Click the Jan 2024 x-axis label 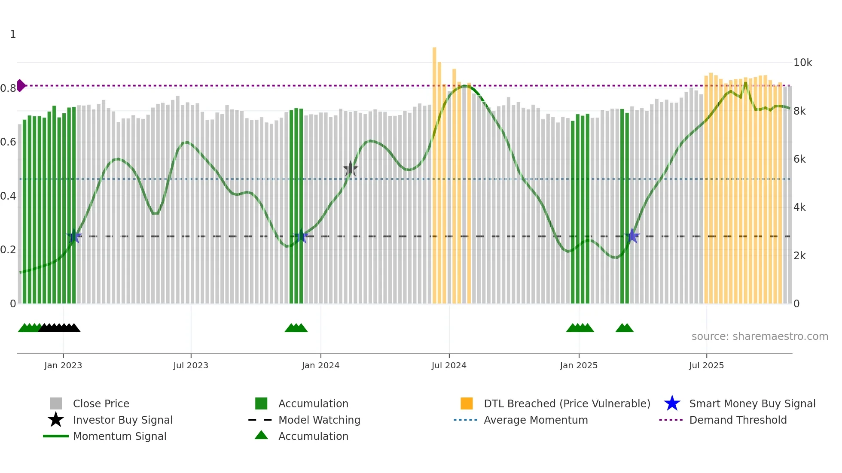320,365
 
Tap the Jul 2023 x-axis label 191,365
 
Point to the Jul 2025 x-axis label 706,365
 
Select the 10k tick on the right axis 802,63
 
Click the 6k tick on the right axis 799,159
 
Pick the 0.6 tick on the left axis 8,142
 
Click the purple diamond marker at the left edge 21,85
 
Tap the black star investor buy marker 351,169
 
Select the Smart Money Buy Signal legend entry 752,403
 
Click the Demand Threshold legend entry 738,420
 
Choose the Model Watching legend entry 319,420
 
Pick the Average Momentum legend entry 535,420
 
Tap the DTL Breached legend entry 567,403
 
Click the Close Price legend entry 101,403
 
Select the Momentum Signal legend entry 119,436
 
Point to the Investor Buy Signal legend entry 122,420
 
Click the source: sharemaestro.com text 760,337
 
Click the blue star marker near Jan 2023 74,236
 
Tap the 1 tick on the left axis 13,34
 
